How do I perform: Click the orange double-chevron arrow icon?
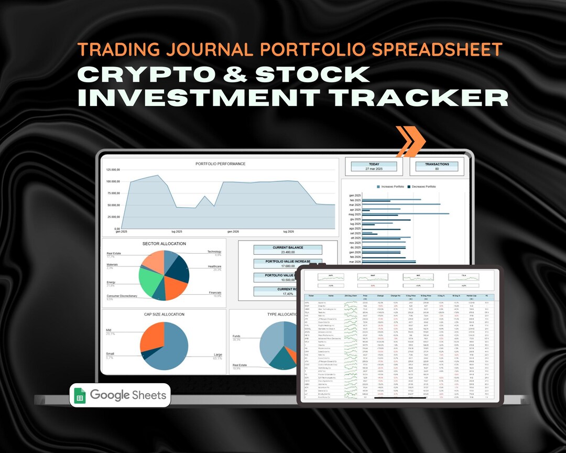410,141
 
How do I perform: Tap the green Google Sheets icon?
80,395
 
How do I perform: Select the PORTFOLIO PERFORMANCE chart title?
220,164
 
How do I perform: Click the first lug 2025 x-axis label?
176,231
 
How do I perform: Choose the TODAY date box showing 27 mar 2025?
374,167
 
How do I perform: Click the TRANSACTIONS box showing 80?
437,167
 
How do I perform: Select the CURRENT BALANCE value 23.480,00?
287,252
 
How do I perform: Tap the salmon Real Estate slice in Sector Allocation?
153,262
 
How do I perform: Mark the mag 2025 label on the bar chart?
355,214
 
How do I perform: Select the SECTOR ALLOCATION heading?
164,244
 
